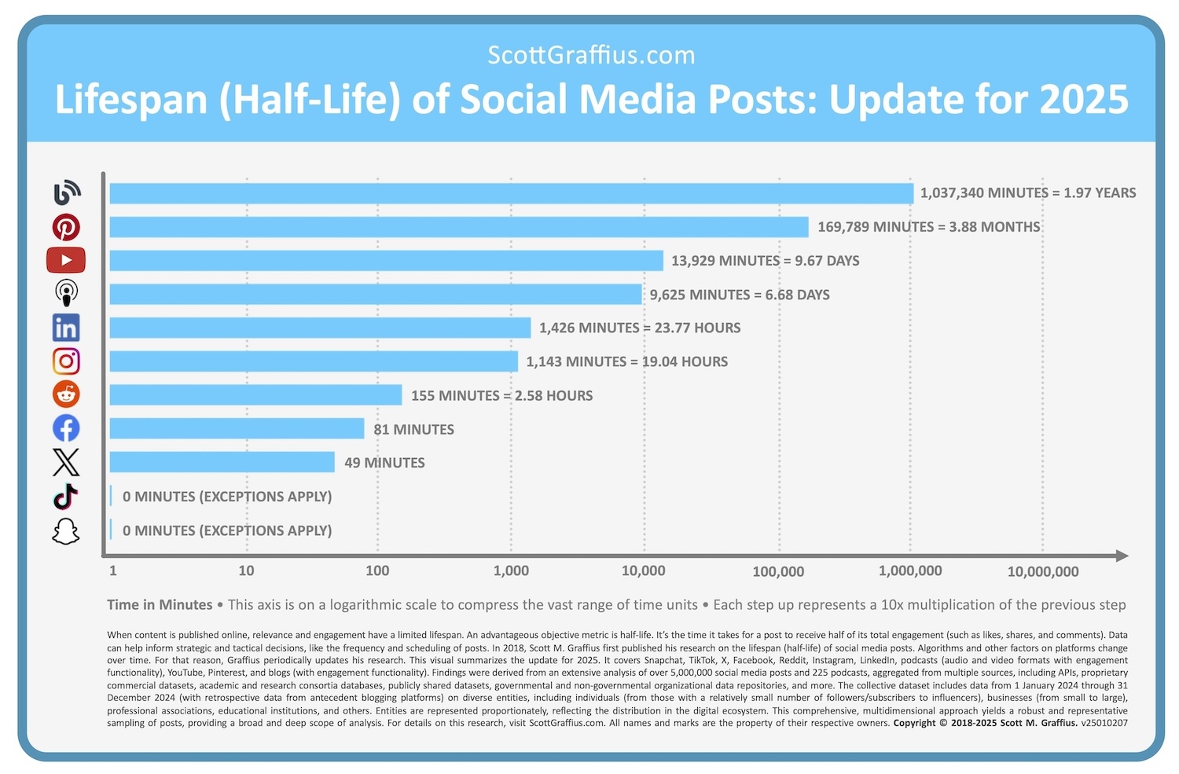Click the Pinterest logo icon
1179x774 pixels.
tap(66, 227)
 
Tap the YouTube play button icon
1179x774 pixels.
tap(66, 260)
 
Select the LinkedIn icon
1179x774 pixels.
tap(66, 328)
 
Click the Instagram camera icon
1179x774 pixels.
tap(66, 361)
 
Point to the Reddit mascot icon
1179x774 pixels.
tap(66, 394)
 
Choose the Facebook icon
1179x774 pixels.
tap(66, 428)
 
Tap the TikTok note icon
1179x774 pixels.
tap(66, 497)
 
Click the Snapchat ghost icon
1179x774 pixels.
tap(66, 531)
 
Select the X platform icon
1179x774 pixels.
tap(66, 463)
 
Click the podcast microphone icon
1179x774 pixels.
tap(66, 293)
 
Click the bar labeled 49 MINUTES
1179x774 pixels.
tap(222, 463)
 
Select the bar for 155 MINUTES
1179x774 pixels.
tap(255, 395)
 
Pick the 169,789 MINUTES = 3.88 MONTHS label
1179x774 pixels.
tap(928, 227)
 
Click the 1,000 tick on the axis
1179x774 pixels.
tap(511, 571)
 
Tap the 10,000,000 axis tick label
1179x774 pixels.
tap(1042, 572)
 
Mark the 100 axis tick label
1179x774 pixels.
tap(377, 571)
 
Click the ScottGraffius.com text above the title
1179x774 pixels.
tap(591, 55)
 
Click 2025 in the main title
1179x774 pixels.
tap(1084, 100)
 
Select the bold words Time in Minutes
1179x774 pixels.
tap(160, 605)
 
